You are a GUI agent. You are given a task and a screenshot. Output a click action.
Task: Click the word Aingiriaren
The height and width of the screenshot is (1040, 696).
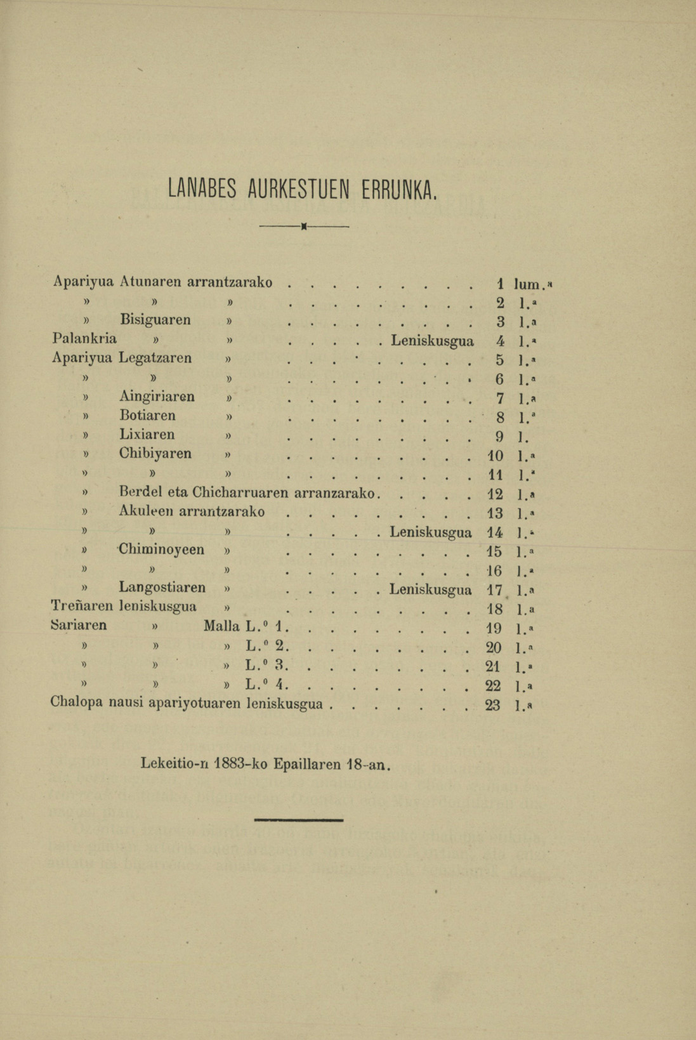157,397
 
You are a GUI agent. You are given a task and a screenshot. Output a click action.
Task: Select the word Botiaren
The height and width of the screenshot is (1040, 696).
147,416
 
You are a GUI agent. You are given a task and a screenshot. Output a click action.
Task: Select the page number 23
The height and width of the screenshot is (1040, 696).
492,704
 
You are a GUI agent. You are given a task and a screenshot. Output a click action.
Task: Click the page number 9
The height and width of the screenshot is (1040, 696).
499,436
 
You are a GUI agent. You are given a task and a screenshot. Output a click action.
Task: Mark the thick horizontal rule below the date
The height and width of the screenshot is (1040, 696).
298,820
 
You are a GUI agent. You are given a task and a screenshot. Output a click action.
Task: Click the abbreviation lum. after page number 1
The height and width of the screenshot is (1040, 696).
533,284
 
